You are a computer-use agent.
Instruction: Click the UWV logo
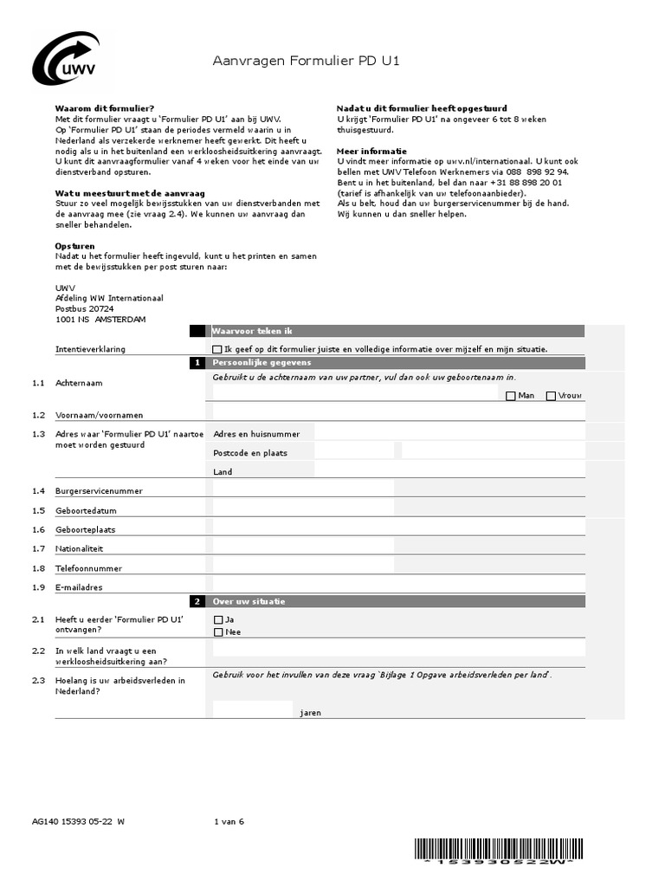coord(66,60)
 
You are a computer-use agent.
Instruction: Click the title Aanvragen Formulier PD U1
coord(307,62)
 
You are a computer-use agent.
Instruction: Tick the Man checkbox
coord(511,396)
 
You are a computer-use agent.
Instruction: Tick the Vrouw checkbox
coord(551,396)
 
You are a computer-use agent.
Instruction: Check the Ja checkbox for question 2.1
coord(218,620)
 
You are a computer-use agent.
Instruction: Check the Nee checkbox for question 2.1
coord(218,632)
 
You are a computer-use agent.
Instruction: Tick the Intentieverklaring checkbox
coord(216,349)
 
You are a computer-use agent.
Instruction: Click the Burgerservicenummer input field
coord(303,490)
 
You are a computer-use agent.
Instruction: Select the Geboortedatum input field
coord(303,510)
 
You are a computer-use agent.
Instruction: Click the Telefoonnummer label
coord(88,569)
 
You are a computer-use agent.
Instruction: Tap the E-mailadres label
coord(79,588)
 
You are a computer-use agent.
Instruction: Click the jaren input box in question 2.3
coord(253,709)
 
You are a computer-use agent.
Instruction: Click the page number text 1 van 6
coord(229,822)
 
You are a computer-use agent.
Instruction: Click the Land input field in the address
coord(449,471)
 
